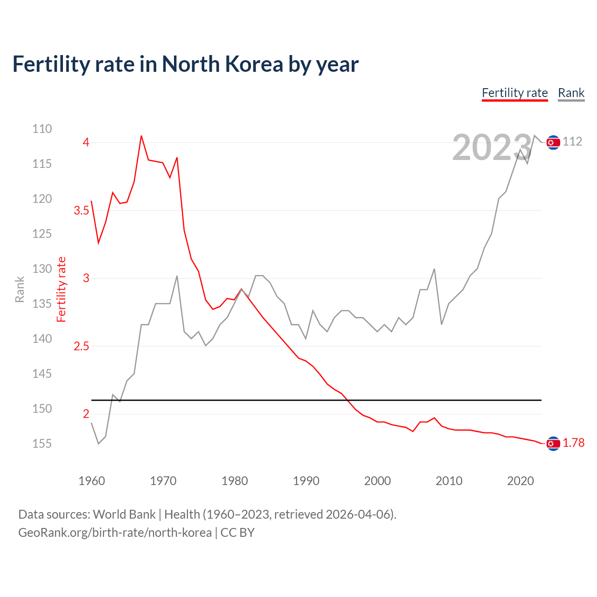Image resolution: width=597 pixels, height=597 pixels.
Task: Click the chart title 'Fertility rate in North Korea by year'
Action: click(x=185, y=64)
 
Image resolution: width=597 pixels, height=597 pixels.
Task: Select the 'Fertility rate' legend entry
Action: click(x=514, y=93)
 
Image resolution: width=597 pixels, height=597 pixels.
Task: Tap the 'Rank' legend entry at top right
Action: click(x=571, y=93)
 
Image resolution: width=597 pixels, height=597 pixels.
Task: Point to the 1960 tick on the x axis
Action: click(x=91, y=481)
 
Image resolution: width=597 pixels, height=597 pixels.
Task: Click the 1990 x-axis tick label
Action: click(x=306, y=481)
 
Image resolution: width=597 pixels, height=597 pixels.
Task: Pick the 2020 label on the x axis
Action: click(x=520, y=481)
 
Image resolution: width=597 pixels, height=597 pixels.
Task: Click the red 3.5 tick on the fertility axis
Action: click(x=81, y=210)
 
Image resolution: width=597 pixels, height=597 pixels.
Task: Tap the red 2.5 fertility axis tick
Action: click(x=81, y=346)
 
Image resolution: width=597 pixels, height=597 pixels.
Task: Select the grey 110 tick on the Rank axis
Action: click(x=42, y=129)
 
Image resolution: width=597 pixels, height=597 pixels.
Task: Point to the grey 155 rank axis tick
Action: click(x=42, y=444)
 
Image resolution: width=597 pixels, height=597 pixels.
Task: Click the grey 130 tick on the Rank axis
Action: click(x=42, y=269)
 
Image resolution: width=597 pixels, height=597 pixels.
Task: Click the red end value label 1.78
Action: click(x=573, y=443)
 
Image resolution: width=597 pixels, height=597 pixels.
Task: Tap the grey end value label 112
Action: click(x=572, y=141)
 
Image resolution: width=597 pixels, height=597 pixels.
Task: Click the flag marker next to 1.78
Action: click(x=553, y=444)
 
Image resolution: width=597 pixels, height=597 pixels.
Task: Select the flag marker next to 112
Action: click(x=553, y=142)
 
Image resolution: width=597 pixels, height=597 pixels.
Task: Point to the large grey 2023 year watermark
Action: click(x=492, y=148)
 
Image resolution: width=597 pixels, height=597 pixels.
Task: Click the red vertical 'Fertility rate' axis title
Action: click(x=62, y=289)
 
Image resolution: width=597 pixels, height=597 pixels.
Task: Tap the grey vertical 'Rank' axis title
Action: click(x=20, y=289)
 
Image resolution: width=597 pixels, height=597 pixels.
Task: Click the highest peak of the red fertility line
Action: click(x=141, y=136)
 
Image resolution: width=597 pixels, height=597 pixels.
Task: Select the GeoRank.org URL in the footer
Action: click(x=115, y=532)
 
